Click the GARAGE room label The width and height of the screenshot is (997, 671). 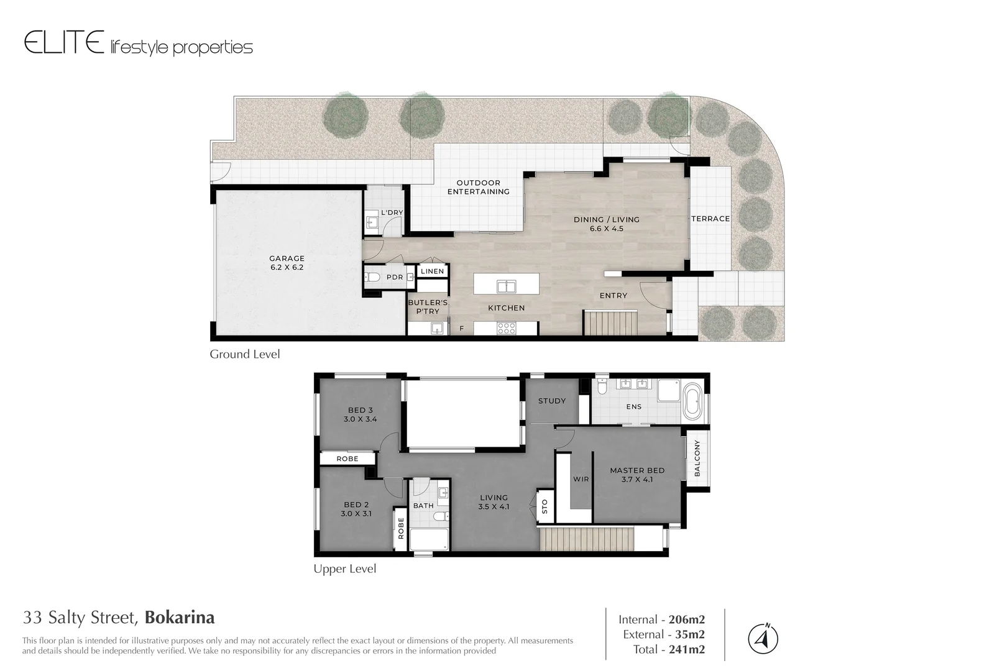point(287,258)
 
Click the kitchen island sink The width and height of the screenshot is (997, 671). point(507,286)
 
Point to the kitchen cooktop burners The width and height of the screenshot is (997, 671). point(506,327)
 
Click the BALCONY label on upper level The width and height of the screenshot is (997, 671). point(697,459)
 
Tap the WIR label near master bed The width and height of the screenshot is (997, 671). point(581,480)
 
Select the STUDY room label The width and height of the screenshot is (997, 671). point(552,401)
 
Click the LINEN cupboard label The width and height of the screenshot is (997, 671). point(432,271)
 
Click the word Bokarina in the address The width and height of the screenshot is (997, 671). point(180,618)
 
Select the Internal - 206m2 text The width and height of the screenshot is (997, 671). point(661,619)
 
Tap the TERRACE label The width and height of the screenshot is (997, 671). point(710,219)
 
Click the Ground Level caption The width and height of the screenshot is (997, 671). point(244,354)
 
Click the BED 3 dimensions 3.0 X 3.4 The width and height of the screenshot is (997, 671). point(360,419)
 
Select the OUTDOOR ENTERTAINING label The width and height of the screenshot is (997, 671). point(478,187)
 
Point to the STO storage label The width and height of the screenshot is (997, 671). point(545,506)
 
